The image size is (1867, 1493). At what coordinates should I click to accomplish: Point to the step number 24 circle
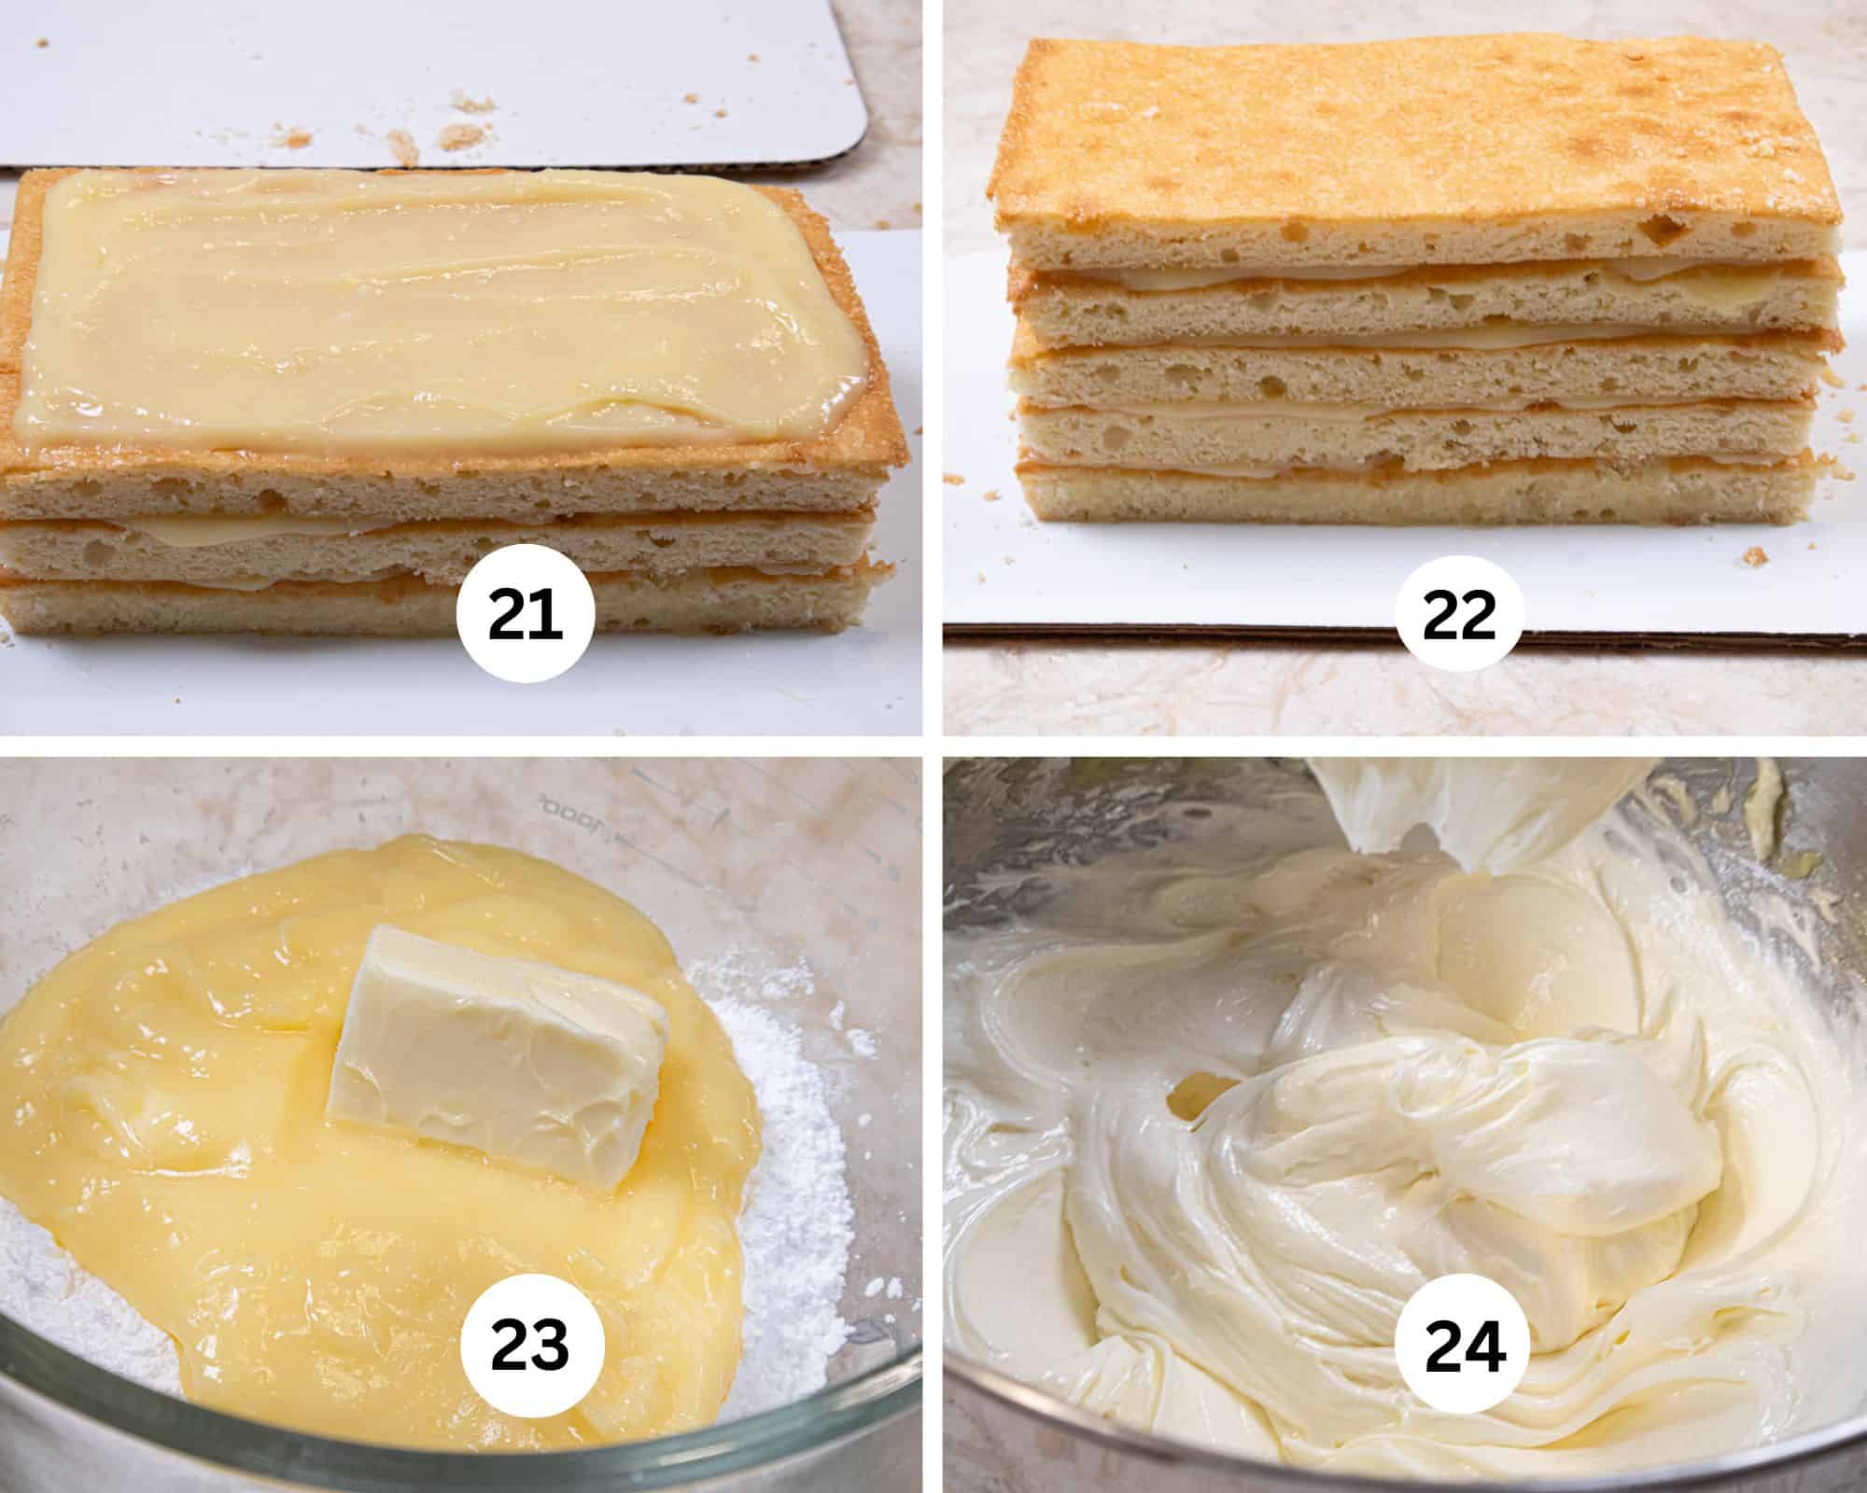1464,1346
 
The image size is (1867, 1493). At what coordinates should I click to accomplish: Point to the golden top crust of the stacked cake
1400,140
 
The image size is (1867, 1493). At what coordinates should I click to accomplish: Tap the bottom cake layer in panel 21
233,607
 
